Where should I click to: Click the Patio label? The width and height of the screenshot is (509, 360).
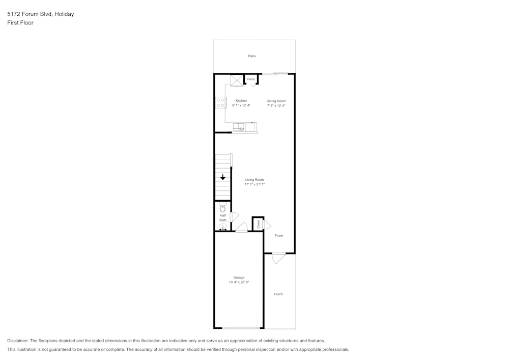(252, 56)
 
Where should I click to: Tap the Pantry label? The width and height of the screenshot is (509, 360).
(251, 79)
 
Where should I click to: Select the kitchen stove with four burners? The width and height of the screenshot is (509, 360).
(220, 102)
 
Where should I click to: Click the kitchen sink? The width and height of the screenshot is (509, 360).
(239, 126)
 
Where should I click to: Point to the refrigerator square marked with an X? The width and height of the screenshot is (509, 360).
(237, 81)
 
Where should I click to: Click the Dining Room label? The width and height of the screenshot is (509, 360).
(276, 101)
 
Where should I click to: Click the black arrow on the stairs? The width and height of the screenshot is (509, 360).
(223, 177)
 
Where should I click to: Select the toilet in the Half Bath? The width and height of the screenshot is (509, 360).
(222, 208)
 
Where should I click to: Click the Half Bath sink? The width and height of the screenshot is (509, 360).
(222, 227)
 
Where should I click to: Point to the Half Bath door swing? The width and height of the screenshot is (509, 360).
(234, 216)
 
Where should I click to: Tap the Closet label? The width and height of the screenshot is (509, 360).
(258, 224)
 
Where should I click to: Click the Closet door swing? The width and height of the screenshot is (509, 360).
(267, 225)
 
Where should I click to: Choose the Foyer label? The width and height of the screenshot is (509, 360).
(279, 235)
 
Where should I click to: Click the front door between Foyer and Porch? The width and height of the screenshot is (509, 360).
(278, 258)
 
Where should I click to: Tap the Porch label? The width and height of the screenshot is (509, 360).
(278, 294)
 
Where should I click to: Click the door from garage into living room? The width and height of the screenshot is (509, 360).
(242, 228)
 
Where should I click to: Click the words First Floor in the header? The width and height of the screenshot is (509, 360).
(20, 23)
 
